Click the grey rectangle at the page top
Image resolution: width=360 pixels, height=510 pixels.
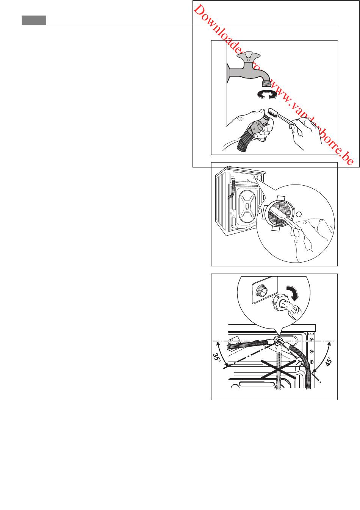click(34, 20)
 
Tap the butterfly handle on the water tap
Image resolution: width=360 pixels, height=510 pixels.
click(249, 56)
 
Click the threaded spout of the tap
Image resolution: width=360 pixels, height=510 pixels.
click(266, 83)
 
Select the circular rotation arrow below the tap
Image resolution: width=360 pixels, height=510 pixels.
click(267, 94)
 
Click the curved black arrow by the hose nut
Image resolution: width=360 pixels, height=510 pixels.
click(293, 293)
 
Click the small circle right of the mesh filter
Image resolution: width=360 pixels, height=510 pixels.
click(299, 214)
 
